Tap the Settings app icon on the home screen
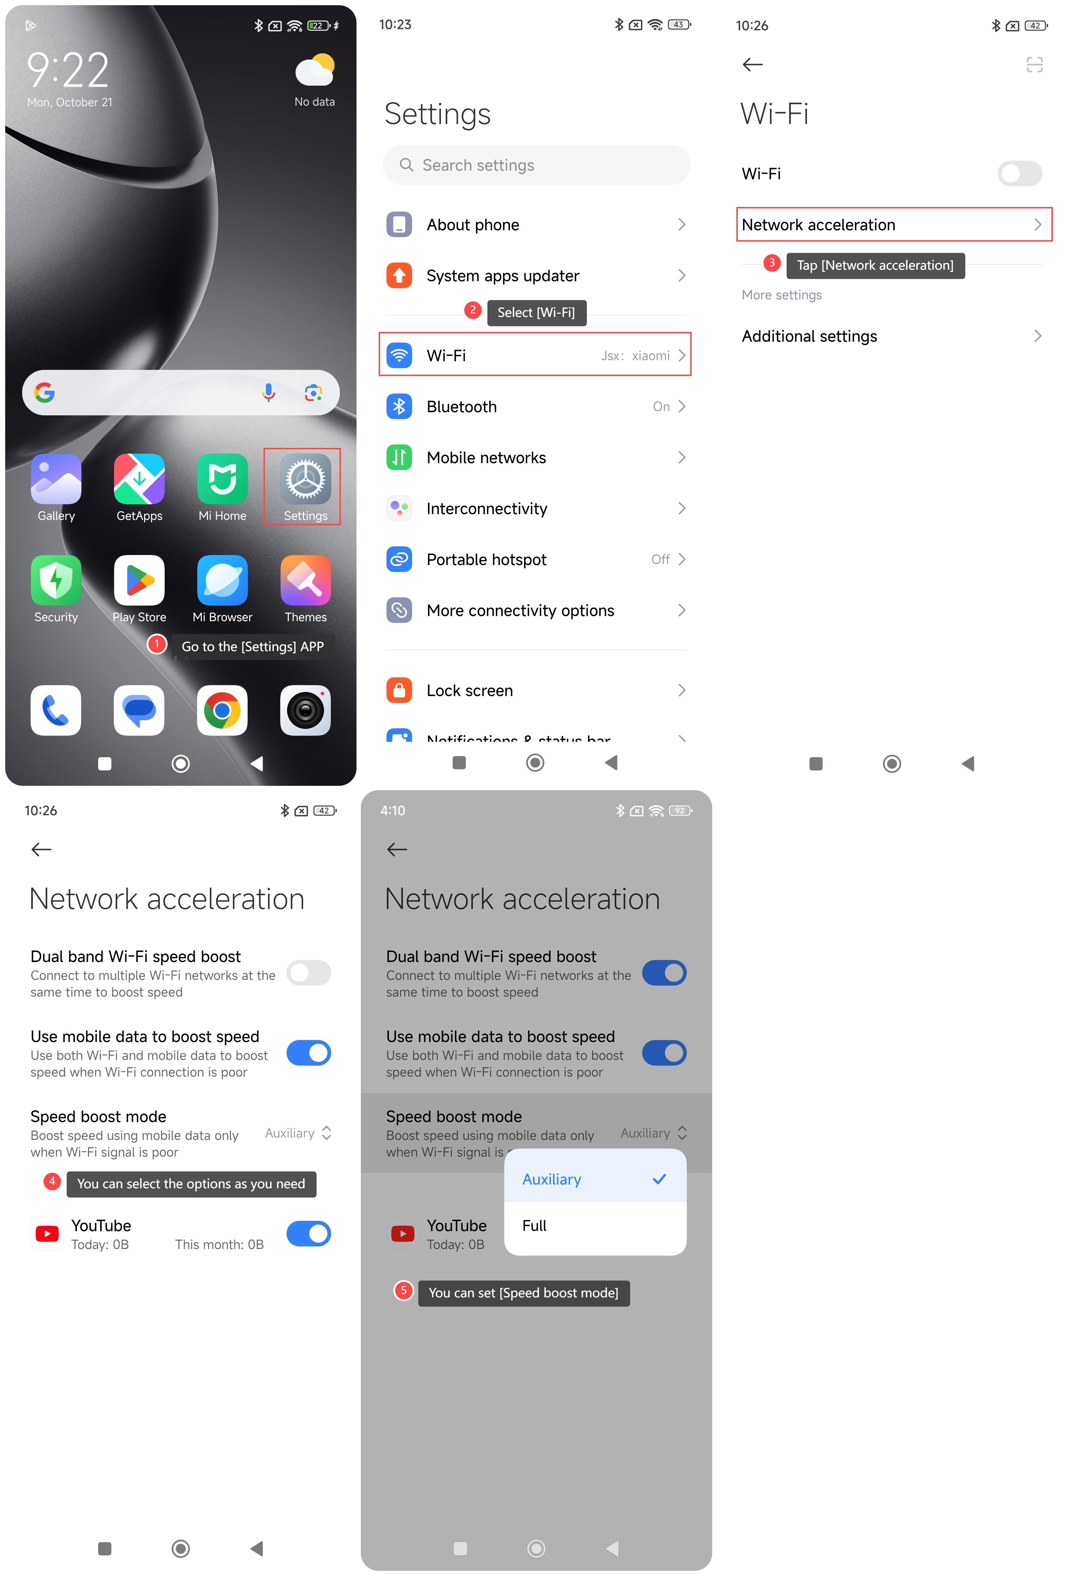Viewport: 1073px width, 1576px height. tap(305, 479)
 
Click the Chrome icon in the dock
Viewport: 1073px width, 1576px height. tap(222, 710)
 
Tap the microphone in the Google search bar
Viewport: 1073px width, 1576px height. tap(269, 392)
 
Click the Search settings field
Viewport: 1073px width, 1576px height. tap(536, 165)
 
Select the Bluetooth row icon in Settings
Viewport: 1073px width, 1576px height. tap(399, 406)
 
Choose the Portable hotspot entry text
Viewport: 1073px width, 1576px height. tap(486, 560)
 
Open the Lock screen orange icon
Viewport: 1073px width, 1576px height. tap(399, 690)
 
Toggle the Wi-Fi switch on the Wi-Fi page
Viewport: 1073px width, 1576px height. tap(1019, 173)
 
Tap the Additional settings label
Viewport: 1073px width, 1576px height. tap(809, 337)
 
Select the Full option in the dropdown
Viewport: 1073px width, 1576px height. tap(534, 1225)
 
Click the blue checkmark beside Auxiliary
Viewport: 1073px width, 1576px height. tap(659, 1179)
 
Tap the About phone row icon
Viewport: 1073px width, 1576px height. tap(399, 225)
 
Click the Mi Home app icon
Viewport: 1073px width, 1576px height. tap(222, 479)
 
